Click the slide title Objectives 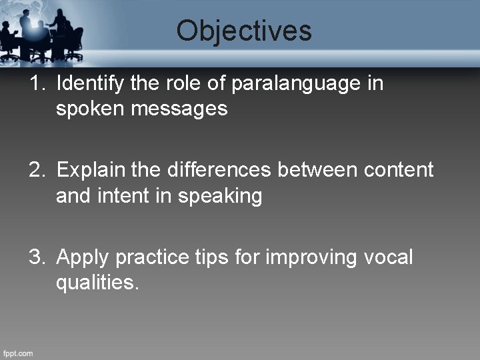click(x=244, y=31)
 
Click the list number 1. click(x=37, y=84)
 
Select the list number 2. click(x=37, y=170)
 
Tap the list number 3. click(x=37, y=257)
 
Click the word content click(x=399, y=170)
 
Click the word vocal click(x=389, y=257)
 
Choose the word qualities click(x=97, y=282)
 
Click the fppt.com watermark click(x=18, y=353)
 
